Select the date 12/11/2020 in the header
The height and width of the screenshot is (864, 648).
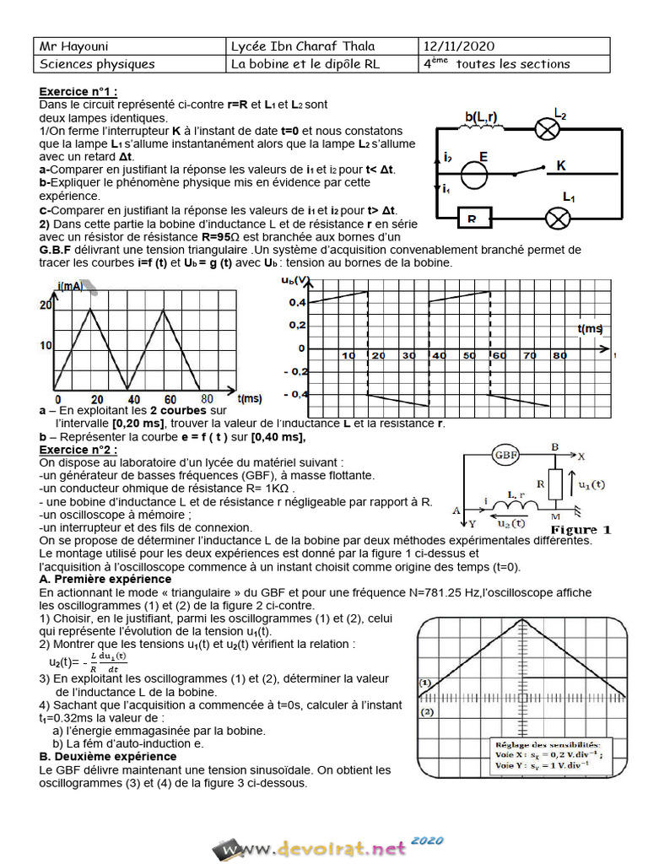click(x=459, y=46)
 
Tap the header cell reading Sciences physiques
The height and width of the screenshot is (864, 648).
click(x=98, y=64)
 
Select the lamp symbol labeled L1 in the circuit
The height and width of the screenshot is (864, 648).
click(x=556, y=218)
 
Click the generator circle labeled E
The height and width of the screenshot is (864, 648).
click(x=476, y=175)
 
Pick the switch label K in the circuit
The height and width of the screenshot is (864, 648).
click(x=560, y=166)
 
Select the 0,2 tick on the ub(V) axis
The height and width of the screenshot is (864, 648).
click(x=295, y=325)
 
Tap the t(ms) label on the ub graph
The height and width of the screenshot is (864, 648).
click(x=590, y=327)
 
